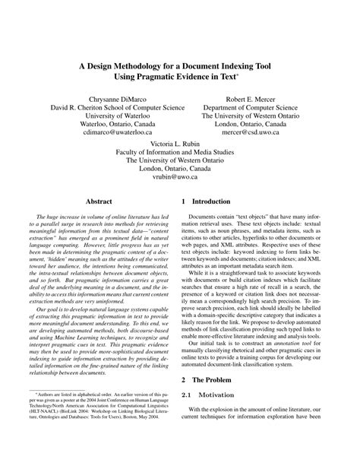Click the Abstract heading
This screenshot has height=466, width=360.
coord(99,202)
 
